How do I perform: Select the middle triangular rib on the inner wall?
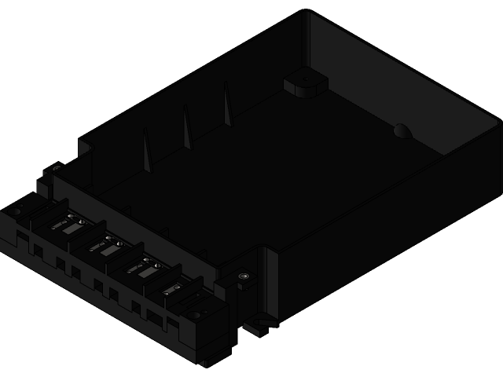pyautogui.click(x=187, y=128)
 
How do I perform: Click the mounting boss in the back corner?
pyautogui.click(x=304, y=82)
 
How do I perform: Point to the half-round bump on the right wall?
pyautogui.click(x=402, y=131)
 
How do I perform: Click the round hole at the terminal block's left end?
pyautogui.click(x=16, y=210)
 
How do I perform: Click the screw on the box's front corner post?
pyautogui.click(x=244, y=276)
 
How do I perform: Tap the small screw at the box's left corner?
pyautogui.click(x=57, y=167)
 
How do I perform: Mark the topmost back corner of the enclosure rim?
pyautogui.click(x=305, y=11)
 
